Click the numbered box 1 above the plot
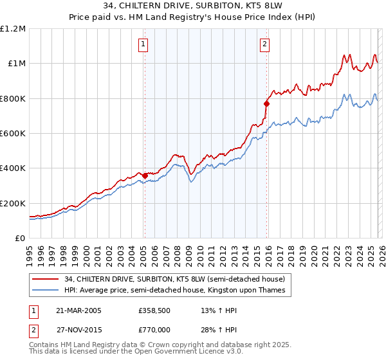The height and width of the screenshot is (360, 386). (x=142, y=44)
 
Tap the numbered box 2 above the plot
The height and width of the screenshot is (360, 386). (x=264, y=44)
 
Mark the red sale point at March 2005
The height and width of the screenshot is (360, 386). (x=145, y=175)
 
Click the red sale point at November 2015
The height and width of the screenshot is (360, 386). (x=266, y=104)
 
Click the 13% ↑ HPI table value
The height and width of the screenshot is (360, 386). (x=219, y=310)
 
